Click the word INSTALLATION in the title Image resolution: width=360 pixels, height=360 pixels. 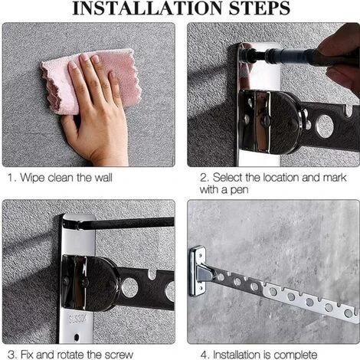point(148,8)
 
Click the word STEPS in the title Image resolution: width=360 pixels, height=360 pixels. point(260,8)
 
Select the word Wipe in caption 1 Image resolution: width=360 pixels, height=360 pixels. point(32,178)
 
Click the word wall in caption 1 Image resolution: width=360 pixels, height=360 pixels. point(103,177)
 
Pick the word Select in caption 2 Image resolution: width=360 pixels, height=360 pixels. point(227,177)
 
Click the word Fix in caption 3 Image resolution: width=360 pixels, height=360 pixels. point(27,355)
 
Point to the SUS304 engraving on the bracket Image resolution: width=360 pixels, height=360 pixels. point(77,319)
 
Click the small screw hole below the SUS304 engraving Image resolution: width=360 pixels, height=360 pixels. point(77,337)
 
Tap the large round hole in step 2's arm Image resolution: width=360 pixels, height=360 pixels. point(324,126)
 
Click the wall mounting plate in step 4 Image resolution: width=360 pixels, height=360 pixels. point(198,270)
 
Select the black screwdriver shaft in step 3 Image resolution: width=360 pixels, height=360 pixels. point(125,224)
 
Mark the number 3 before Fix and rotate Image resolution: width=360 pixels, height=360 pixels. point(11,355)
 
